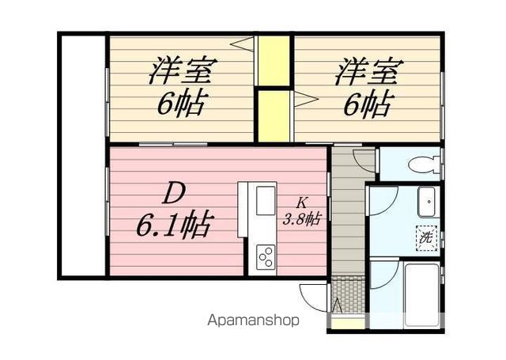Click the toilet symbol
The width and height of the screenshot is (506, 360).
pyautogui.click(x=420, y=165)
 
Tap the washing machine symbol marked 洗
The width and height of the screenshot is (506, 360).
pyautogui.click(x=425, y=235)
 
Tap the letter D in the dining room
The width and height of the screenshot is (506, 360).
pyautogui.click(x=175, y=191)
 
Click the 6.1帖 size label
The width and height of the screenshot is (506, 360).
pyautogui.click(x=172, y=228)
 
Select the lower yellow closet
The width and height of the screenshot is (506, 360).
pyautogui.click(x=274, y=113)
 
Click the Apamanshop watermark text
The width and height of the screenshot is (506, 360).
pyautogui.click(x=253, y=322)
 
